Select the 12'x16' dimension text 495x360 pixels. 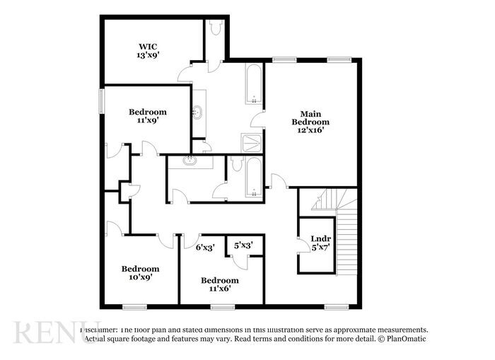click(310, 131)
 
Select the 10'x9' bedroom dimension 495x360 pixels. click(140, 277)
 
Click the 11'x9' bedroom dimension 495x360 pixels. click(147, 120)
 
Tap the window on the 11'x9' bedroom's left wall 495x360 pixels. click(101, 100)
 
